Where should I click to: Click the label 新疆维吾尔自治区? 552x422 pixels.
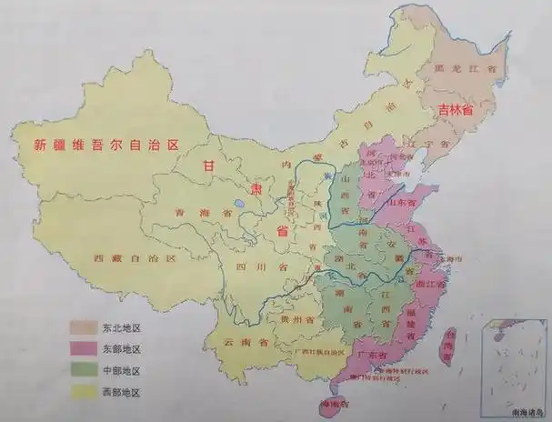[108, 144]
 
